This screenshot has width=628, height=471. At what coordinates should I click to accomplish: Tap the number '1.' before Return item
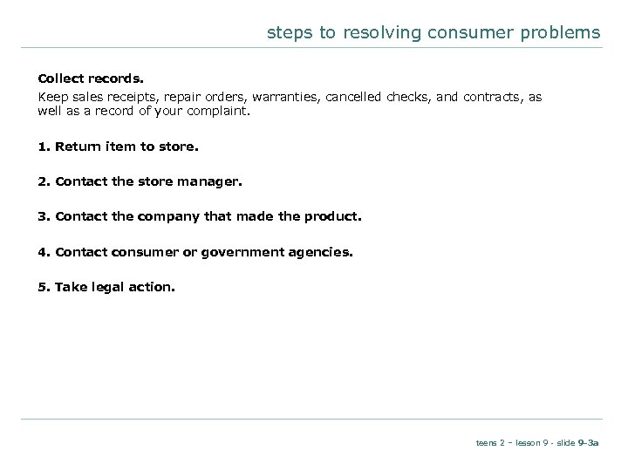pos(44,147)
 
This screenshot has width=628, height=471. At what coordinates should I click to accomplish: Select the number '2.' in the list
pos(44,182)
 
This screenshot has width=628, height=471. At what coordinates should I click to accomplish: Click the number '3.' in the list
pos(44,217)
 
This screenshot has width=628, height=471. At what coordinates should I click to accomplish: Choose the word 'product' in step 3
pos(333,217)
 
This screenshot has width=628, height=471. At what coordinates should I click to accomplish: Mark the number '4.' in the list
pos(44,252)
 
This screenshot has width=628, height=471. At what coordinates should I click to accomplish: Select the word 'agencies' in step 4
pos(324,252)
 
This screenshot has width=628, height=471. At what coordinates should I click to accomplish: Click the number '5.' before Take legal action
pos(44,287)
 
